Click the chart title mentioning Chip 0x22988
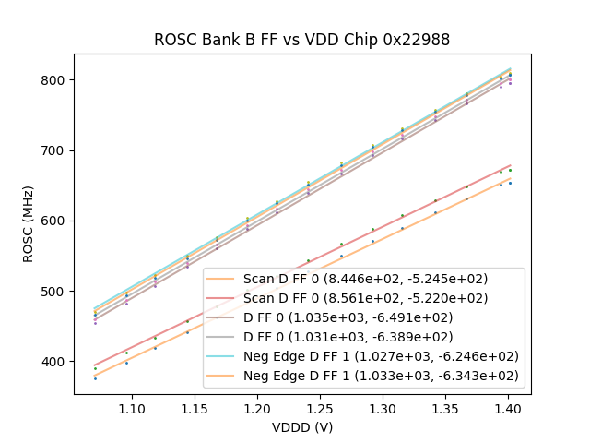[301, 40]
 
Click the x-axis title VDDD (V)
[301, 427]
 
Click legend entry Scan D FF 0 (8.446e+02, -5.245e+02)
[365, 279]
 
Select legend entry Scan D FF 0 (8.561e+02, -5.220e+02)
[365, 298]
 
